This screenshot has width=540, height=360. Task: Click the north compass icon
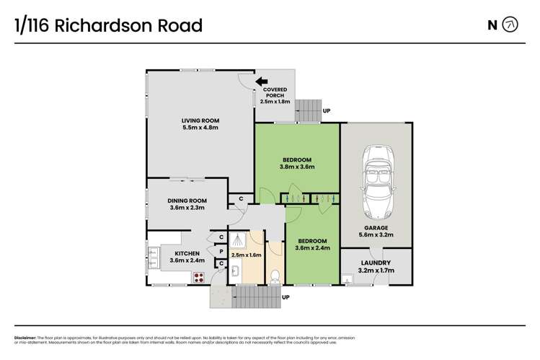click(x=510, y=25)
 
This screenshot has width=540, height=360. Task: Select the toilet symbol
click(x=274, y=275)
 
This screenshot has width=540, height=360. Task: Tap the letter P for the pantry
click(x=221, y=252)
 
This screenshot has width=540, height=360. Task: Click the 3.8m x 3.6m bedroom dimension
click(x=297, y=167)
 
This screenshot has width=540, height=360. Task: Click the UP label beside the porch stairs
click(x=327, y=110)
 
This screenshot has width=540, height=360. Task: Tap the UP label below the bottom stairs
click(x=286, y=297)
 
